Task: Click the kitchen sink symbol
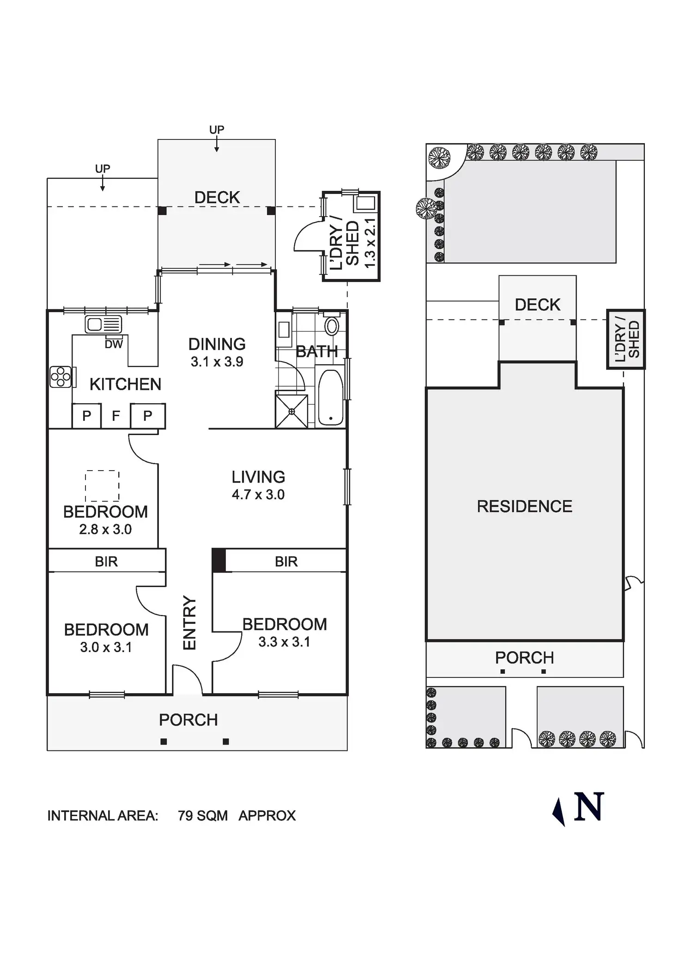103,324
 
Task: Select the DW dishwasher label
114,344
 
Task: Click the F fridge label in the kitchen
116,416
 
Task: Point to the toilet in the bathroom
332,325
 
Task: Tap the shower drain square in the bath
291,411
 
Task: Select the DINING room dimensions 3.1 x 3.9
217,362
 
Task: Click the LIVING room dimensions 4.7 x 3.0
258,495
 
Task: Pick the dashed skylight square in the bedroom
102,485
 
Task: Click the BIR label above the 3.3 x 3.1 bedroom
286,562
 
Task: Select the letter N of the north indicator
589,807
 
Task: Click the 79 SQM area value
203,816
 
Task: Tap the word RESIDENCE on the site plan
524,506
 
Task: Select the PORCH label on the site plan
524,658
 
